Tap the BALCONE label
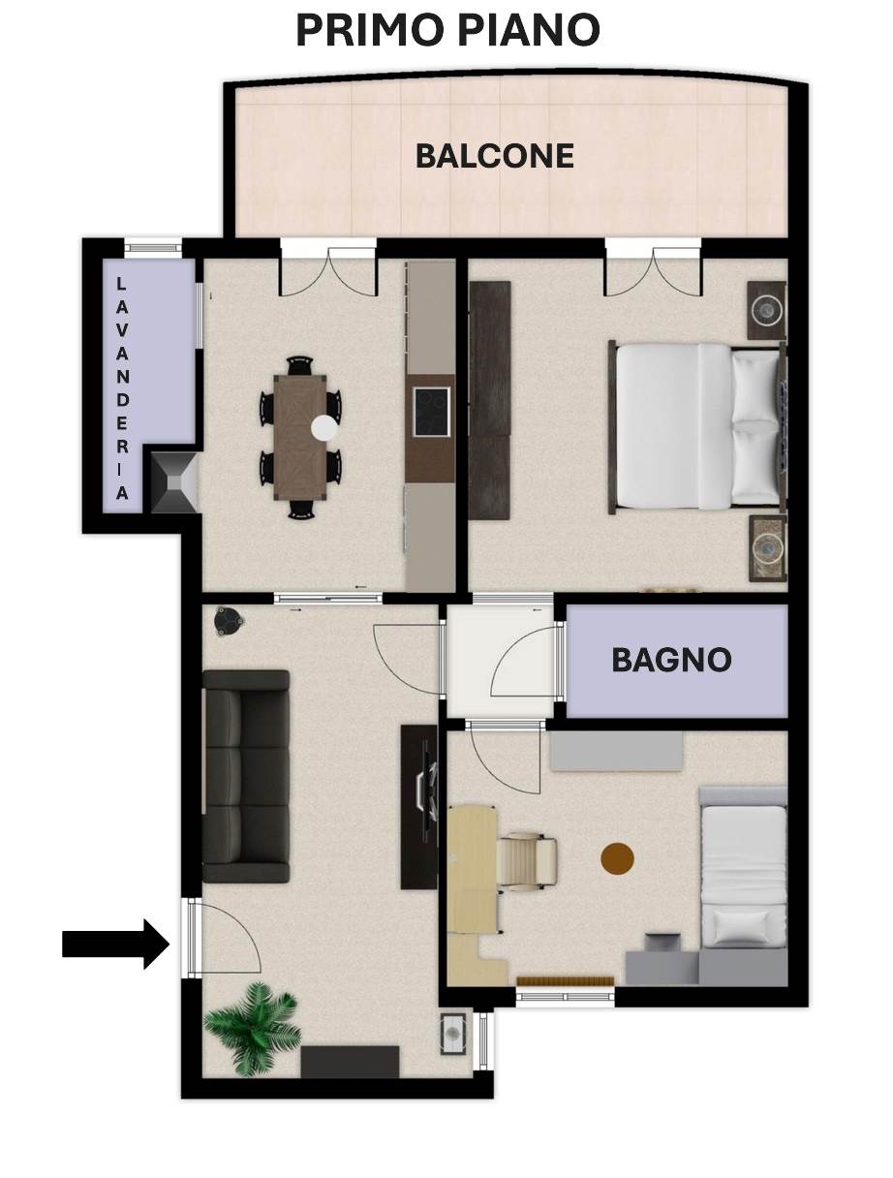(x=495, y=156)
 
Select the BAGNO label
(x=671, y=660)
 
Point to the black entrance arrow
(x=116, y=944)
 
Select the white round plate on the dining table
(x=324, y=428)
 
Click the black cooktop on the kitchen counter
(x=431, y=412)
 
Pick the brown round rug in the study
(x=617, y=858)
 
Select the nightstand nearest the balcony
(x=767, y=311)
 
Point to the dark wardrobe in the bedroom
(x=489, y=400)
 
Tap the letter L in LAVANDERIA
(x=122, y=283)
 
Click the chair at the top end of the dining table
(x=300, y=365)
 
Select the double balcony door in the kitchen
(x=328, y=268)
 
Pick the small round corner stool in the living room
(x=229, y=621)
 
